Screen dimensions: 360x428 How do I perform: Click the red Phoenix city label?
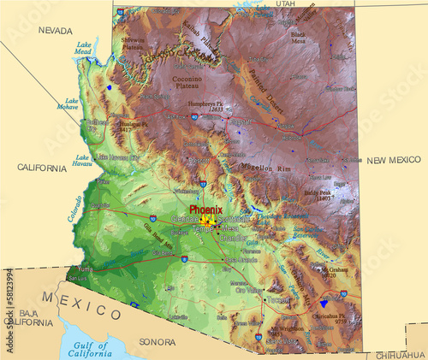click(x=205, y=209)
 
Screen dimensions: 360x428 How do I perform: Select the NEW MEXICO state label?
click(x=394, y=160)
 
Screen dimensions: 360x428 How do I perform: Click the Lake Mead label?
click(x=83, y=48)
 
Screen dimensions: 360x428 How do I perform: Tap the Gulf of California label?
click(x=90, y=348)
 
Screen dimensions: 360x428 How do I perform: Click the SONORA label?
click(x=158, y=341)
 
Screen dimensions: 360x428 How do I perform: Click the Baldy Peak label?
click(x=317, y=194)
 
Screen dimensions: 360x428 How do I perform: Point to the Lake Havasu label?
click(x=82, y=161)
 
